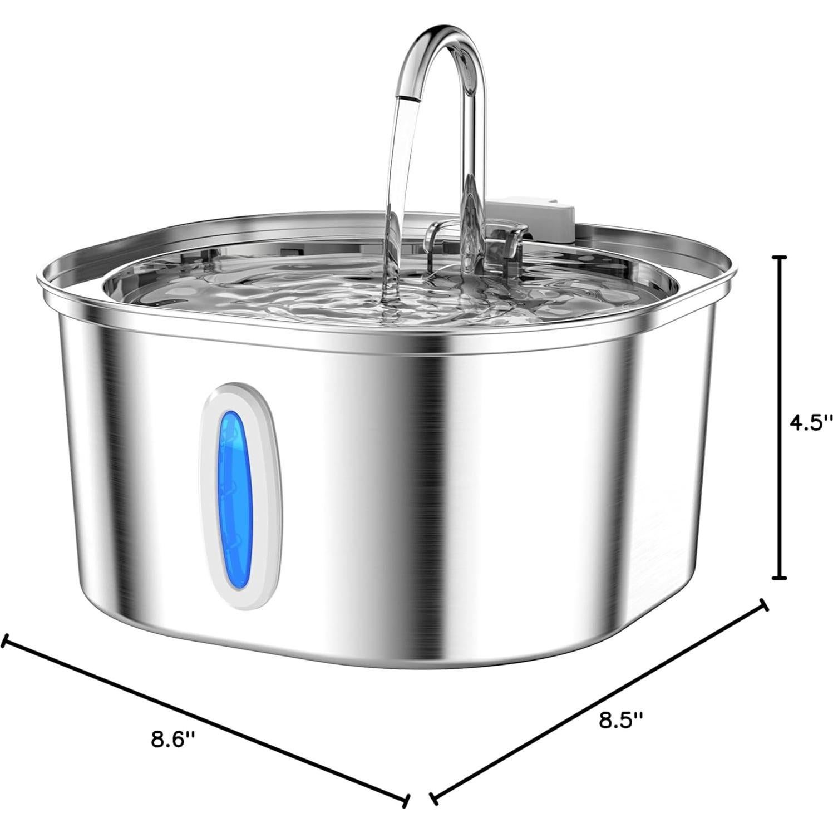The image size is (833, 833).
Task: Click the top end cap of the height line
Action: (x=781, y=258)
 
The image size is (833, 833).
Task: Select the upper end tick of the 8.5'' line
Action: (x=764, y=605)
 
